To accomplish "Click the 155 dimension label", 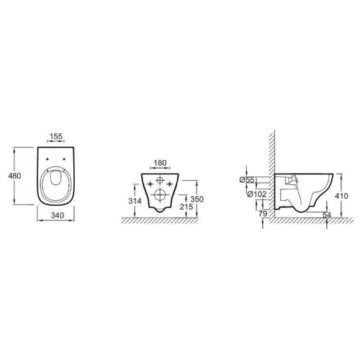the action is point(56,136).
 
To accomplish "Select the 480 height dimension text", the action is point(14,176).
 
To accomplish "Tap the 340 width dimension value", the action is point(58,215).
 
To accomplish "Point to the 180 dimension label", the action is point(160,163).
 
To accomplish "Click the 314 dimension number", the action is point(135,201).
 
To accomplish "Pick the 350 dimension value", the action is point(197,199).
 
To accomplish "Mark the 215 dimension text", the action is point(186,207).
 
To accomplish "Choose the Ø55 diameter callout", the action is point(247,180).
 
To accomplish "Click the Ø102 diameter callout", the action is point(257,194).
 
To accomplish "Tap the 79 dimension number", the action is point(263,213).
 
